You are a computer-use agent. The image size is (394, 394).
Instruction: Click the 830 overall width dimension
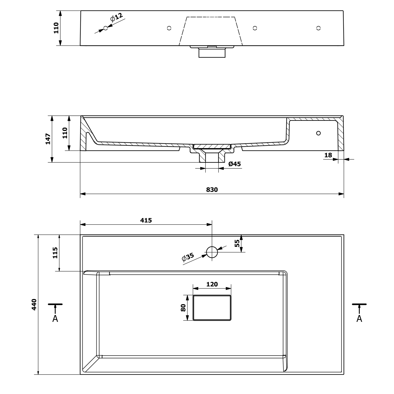tap(212, 190)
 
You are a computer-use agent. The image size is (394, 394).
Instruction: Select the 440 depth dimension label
tap(34, 304)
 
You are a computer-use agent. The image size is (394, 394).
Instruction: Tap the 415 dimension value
tap(146, 220)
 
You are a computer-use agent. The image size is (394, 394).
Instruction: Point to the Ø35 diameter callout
tap(188, 257)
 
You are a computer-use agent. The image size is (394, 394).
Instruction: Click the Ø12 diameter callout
tap(116, 17)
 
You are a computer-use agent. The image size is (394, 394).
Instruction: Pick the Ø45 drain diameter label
tap(235, 164)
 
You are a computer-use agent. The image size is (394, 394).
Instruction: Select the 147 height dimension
tap(48, 139)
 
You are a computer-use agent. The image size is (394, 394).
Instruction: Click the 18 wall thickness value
tap(328, 155)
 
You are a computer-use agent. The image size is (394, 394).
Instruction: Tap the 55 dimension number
tap(237, 243)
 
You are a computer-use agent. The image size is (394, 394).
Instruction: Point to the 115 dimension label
tap(55, 253)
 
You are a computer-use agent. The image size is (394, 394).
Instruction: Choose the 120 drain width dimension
tap(212, 284)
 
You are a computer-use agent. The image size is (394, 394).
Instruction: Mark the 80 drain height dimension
tap(183, 308)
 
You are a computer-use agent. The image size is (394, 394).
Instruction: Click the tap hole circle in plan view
tap(212, 252)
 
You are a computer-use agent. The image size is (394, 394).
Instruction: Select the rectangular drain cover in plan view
tap(212, 308)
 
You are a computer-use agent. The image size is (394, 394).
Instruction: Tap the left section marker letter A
tap(55, 319)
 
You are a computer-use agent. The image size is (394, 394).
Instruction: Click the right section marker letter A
tap(359, 319)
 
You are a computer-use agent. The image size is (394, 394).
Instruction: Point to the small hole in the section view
tap(318, 133)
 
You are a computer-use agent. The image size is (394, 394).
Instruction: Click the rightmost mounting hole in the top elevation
tap(318, 28)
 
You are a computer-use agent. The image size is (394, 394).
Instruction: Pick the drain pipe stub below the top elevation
tap(212, 53)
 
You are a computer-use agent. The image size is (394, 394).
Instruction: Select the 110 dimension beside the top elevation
tap(56, 28)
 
